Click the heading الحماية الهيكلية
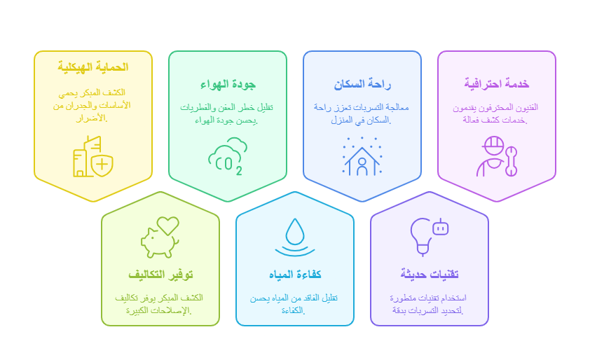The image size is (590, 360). pyautogui.click(x=93, y=67)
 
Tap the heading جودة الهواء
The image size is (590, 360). pyautogui.click(x=228, y=85)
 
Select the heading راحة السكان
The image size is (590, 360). pyautogui.click(x=362, y=85)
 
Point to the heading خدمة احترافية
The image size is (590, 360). pyautogui.click(x=497, y=85)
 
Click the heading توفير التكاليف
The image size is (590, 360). pyautogui.click(x=160, y=274)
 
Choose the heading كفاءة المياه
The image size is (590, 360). pyautogui.click(x=295, y=274)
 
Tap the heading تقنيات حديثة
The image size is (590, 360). pyautogui.click(x=430, y=274)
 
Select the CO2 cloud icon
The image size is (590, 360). pyautogui.click(x=228, y=156)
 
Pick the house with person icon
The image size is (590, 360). pyautogui.click(x=362, y=157)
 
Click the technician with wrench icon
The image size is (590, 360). pyautogui.click(x=496, y=157)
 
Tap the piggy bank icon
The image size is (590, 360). pyautogui.click(x=159, y=240)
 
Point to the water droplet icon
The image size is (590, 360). pyautogui.click(x=295, y=237)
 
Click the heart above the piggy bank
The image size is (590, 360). pyautogui.click(x=167, y=226)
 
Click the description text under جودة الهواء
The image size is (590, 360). pyautogui.click(x=228, y=113)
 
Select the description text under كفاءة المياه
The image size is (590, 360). pyautogui.click(x=295, y=304)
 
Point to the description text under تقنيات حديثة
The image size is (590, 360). pyautogui.click(x=430, y=304)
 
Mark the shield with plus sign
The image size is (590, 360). pyautogui.click(x=102, y=165)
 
